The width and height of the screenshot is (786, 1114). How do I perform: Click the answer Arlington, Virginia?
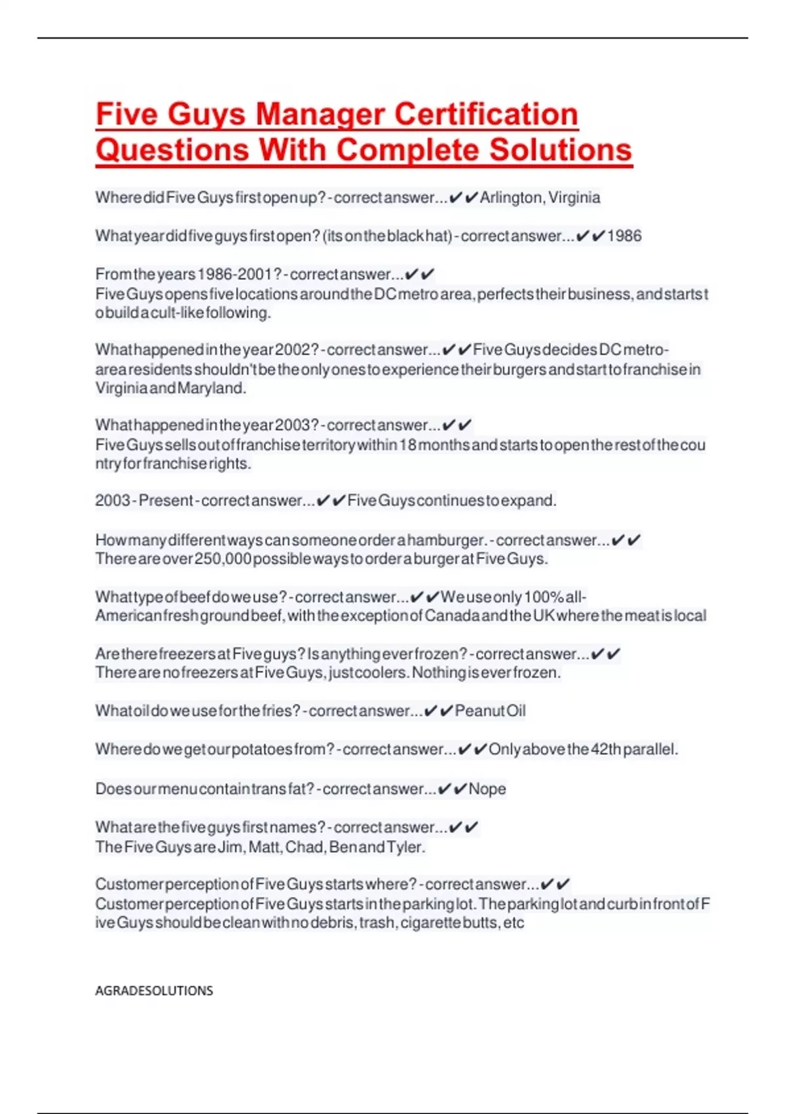(x=540, y=197)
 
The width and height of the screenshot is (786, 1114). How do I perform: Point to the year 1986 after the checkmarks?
(x=624, y=236)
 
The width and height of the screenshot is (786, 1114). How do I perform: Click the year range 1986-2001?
(x=234, y=274)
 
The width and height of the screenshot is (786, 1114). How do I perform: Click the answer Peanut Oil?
(x=490, y=711)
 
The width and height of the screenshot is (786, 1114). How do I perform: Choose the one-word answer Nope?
(x=487, y=789)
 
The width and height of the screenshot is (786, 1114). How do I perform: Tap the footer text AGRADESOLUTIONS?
(x=154, y=991)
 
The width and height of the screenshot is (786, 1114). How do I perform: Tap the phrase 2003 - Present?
(x=145, y=501)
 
